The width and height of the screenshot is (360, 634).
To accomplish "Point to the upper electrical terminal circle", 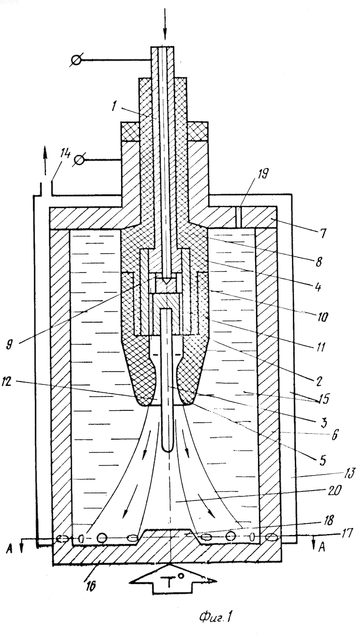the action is click(x=76, y=60).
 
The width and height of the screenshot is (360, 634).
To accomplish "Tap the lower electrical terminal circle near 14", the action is click(x=79, y=160).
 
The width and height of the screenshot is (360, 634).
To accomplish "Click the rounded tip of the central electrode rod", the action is click(x=168, y=451).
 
